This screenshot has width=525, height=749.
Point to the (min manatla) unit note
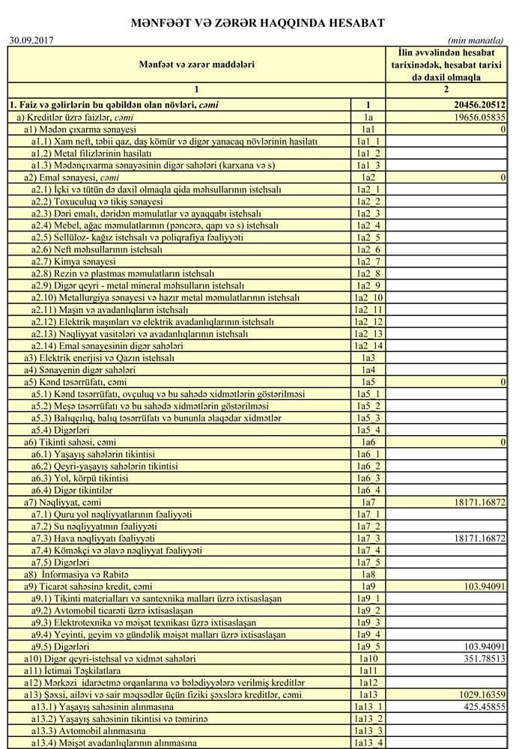click(x=476, y=40)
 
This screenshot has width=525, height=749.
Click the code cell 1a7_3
click(x=368, y=539)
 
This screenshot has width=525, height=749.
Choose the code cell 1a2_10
click(x=368, y=297)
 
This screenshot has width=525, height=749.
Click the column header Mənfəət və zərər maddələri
click(x=196, y=64)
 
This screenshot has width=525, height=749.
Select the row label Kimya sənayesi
click(x=73, y=261)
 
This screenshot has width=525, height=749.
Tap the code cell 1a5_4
click(x=368, y=431)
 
